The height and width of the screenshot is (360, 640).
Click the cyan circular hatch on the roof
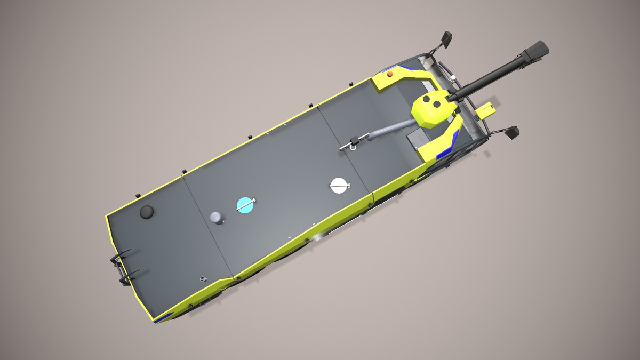[244, 204]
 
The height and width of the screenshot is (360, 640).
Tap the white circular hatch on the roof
[339, 185]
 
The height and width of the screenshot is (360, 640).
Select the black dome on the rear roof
[147, 212]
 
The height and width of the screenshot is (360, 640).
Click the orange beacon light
[390, 74]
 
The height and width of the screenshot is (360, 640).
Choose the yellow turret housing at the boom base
[434, 109]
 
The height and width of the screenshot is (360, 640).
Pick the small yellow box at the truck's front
[486, 110]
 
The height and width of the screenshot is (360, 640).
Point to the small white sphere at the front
[452, 78]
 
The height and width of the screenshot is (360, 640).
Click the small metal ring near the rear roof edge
[202, 278]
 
